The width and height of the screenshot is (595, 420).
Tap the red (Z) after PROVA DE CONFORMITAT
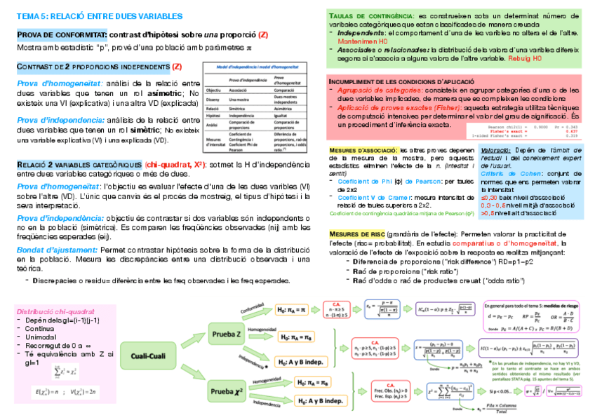point(264,34)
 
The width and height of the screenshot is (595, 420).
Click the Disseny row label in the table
point(214,100)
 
